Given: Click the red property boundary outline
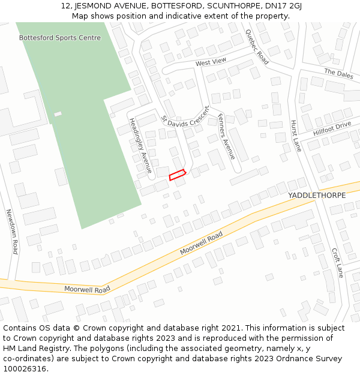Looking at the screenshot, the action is pos(177,175).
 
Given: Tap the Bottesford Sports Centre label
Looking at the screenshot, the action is pos(60,38).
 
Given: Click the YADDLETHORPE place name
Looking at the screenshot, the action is pos(316,196).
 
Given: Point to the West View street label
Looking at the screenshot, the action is pos(211,62).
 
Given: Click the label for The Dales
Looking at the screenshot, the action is pos(338,73).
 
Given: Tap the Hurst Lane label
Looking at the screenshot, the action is pos(296,136).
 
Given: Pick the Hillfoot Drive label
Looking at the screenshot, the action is pos(332,128).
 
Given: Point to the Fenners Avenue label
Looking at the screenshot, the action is pos(226,136).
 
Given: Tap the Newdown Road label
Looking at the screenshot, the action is pos(12,231).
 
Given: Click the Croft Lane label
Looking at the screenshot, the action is pos(338,263).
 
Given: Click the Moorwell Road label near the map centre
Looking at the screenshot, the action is pos(202,243).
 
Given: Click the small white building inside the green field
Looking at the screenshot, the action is pos(58,114).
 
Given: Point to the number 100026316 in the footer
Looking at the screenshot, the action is pos(25,369).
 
